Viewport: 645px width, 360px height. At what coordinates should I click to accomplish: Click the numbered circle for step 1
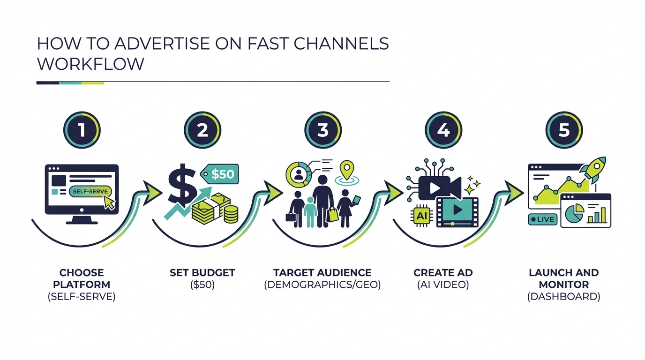pos(82,130)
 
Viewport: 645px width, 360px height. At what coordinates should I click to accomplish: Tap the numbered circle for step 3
pos(323,130)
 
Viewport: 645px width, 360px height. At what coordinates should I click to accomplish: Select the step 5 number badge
pos(564,130)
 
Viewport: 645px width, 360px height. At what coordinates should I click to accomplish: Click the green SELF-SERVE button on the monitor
pos(89,191)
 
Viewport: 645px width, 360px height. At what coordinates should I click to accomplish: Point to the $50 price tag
pos(220,174)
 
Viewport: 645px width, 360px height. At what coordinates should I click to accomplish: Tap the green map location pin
pos(347,170)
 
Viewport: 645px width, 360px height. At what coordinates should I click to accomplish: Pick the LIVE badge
pos(542,219)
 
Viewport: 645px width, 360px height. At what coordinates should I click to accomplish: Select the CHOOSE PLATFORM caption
pos(82,278)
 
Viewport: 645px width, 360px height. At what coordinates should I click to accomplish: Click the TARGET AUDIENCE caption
pos(322,273)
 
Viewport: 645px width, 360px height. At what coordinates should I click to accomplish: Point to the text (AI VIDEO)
pos(443,285)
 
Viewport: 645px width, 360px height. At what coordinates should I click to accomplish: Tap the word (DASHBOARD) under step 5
pos(563,296)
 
